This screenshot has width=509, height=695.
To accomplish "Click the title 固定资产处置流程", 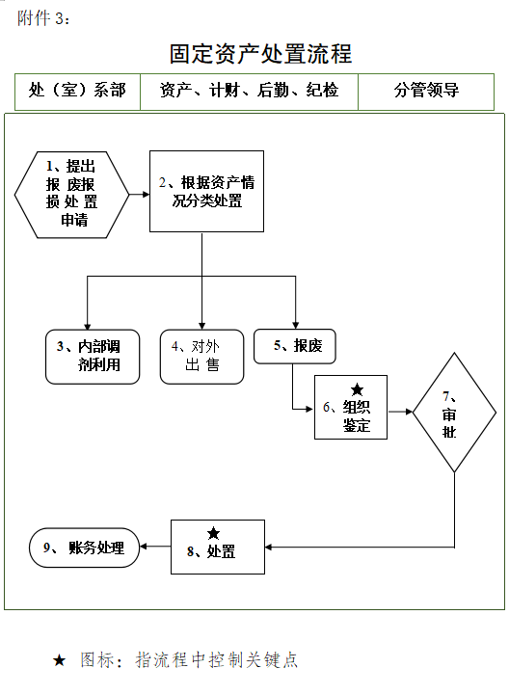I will tap(260, 53).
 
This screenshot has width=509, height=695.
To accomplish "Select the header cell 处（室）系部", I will tap(77, 92).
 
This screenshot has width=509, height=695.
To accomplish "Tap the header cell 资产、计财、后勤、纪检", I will tap(249, 92).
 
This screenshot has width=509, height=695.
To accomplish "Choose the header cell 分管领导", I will tap(425, 92).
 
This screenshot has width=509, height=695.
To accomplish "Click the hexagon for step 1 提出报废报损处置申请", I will tap(71, 194).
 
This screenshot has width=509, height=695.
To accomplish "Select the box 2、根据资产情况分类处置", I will tap(206, 191).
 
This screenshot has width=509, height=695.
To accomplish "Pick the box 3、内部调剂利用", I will tap(94, 357).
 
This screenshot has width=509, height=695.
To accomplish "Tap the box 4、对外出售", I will tap(201, 357).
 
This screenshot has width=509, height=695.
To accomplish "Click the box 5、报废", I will tap(294, 346).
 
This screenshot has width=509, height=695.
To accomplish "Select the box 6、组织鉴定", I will tap(351, 407).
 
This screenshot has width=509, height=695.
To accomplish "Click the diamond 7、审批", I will tap(448, 413).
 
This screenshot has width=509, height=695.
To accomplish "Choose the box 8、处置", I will tap(216, 547).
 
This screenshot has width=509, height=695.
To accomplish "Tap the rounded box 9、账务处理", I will tap(85, 548).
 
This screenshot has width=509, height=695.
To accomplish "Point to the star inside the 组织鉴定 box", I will tap(357, 389).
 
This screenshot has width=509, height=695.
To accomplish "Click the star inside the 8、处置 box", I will tap(213, 533).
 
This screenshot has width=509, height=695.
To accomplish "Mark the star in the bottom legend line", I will tap(59, 661).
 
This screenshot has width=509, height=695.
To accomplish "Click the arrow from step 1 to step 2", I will tap(139, 193).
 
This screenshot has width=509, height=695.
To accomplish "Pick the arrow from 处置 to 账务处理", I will tap(155, 547).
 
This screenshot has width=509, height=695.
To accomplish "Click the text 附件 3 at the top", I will tap(42, 18).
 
